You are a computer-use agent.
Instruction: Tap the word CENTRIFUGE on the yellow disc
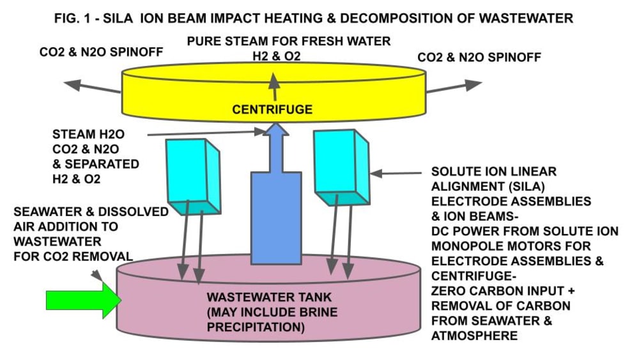272,109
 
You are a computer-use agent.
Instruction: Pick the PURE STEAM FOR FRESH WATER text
288,42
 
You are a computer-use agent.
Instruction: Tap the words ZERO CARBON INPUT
498,291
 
